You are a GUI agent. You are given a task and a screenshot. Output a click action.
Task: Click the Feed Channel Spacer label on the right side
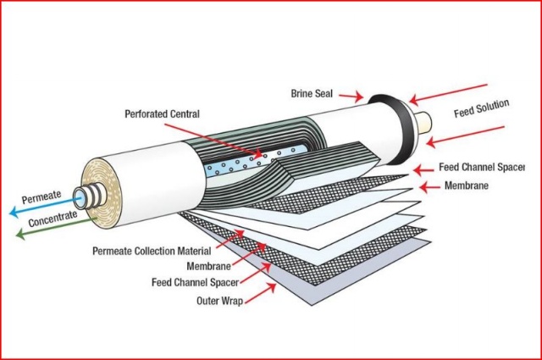(487, 168)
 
